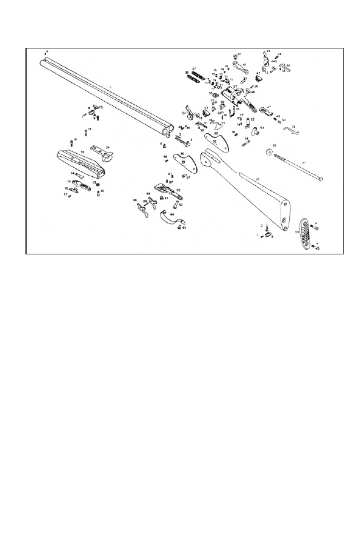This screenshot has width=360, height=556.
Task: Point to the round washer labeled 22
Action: point(270,151)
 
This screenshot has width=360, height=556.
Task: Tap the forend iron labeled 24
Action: point(102,152)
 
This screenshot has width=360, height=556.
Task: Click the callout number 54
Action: point(184,113)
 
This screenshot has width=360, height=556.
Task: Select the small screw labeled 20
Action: point(98,193)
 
